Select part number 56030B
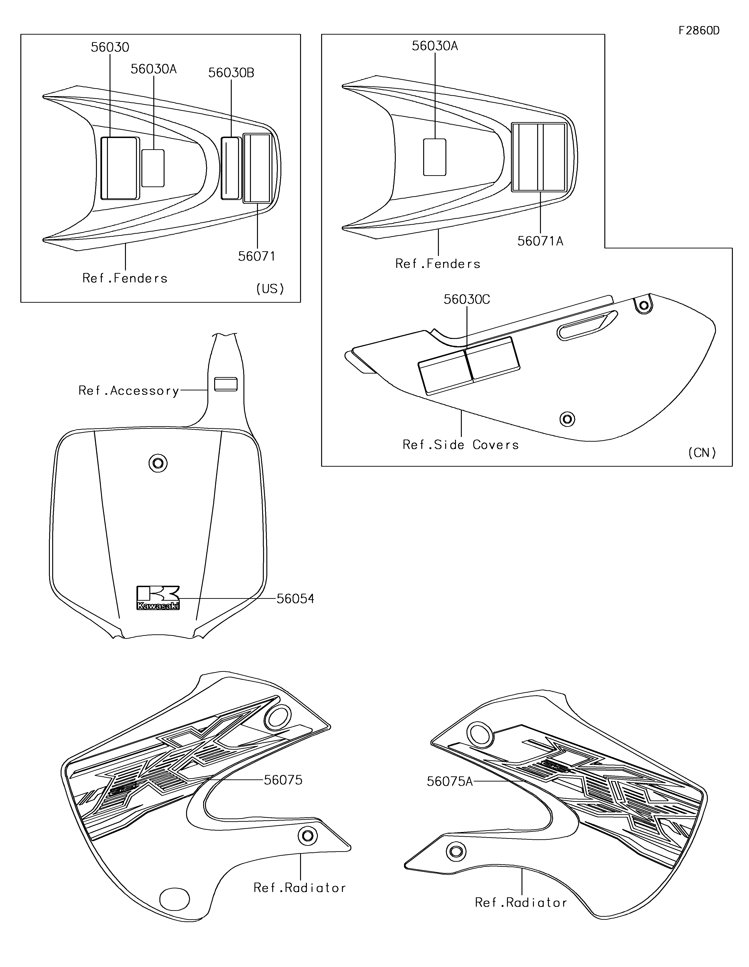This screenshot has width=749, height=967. tap(231, 73)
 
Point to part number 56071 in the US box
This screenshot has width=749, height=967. tap(257, 256)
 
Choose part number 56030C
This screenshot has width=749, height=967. tap(467, 300)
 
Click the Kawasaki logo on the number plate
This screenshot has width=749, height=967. tap(158, 598)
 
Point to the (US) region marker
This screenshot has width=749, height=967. tap(270, 289)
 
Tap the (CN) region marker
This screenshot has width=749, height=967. tap(702, 452)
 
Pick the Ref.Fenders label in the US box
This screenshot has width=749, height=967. tap(125, 278)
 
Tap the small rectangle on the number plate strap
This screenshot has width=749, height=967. tap(225, 384)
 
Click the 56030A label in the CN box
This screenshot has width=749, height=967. tap(434, 46)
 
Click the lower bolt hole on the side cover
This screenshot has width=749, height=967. tap(567, 419)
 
